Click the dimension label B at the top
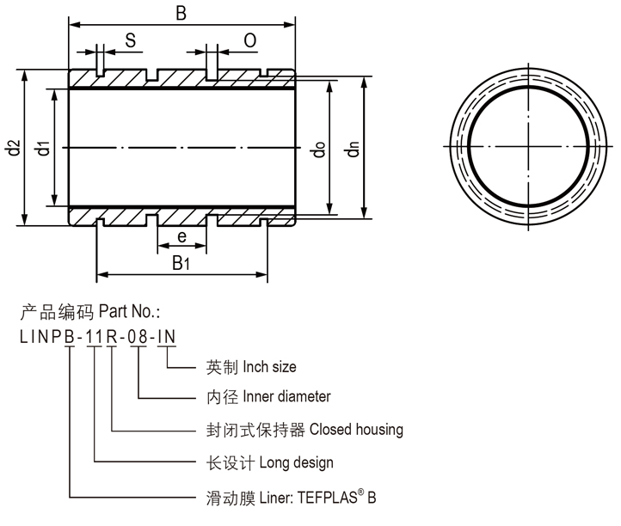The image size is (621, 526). click(x=181, y=14)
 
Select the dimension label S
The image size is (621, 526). click(x=131, y=40)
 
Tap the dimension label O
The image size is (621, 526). click(x=249, y=40)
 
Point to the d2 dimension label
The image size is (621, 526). click(x=12, y=148)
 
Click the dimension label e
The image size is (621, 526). click(x=181, y=236)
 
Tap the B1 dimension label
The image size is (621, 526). click(x=181, y=262)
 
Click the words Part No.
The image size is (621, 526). click(x=130, y=310)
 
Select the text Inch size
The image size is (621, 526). click(x=269, y=367)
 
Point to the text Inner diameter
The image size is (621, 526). click(x=287, y=397)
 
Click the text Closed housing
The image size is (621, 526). click(x=356, y=429)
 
